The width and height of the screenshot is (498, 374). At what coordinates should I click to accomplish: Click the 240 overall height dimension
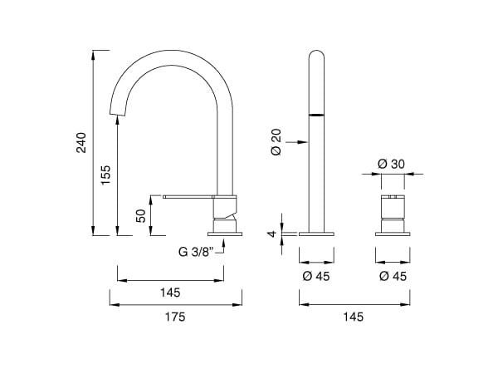click(81, 143)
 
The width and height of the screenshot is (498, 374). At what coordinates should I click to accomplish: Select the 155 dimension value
click(105, 175)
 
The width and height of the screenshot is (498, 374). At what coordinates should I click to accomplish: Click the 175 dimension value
click(174, 317)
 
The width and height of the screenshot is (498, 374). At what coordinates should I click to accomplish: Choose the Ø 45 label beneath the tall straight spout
click(316, 275)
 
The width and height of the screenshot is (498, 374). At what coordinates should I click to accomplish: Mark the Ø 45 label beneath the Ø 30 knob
click(391, 275)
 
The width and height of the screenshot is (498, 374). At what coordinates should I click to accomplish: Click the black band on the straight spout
click(316, 113)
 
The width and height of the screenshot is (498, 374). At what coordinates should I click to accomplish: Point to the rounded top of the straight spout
click(316, 55)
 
